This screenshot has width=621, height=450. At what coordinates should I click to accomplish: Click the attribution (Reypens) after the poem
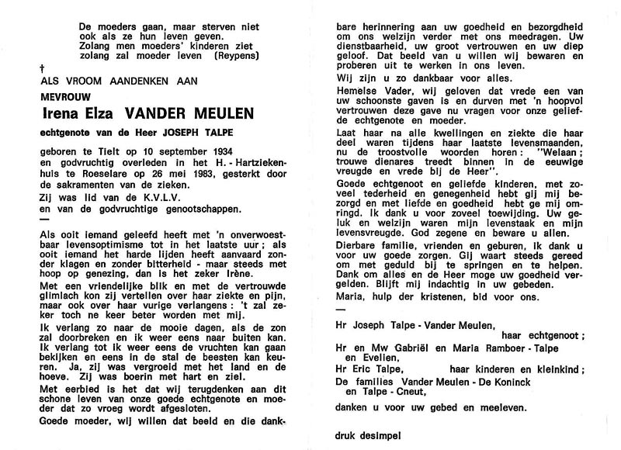[x=268, y=55]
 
